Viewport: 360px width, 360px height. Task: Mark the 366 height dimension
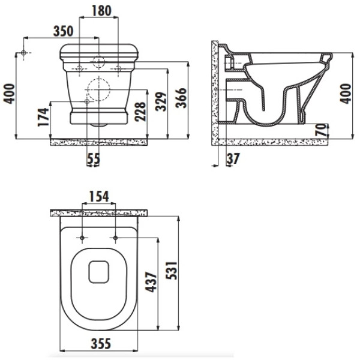coord(181,98)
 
